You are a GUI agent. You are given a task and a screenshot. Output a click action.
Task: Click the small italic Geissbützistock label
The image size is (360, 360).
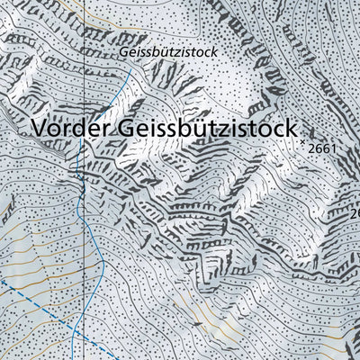tap(169, 53)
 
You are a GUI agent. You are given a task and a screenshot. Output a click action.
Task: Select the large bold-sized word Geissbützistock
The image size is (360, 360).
tap(207, 129)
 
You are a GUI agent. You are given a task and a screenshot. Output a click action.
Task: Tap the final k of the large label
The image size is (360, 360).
tap(291, 129)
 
